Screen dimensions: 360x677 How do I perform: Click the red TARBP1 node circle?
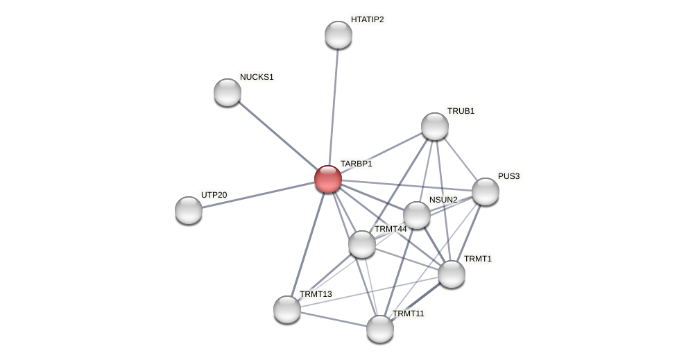(328, 179)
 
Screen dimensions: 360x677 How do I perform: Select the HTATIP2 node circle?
(338, 35)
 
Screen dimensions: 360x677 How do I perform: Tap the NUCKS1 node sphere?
(228, 92)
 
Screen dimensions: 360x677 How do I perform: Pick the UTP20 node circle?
(189, 210)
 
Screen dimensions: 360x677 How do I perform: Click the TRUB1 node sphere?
(435, 126)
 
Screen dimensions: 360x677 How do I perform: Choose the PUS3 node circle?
(486, 191)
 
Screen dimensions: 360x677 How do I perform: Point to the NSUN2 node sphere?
(417, 215)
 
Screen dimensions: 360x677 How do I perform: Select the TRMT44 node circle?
(362, 244)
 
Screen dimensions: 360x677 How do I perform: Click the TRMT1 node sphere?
(452, 274)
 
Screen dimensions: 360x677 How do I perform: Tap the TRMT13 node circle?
(287, 309)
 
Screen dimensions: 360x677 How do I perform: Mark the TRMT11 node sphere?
(380, 329)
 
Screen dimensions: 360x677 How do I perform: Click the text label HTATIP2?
(367, 19)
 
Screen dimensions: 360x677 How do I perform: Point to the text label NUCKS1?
(257, 77)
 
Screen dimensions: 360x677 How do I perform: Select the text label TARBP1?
(356, 164)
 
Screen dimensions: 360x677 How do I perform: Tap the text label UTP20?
(214, 195)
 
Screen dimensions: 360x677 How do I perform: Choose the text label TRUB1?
(461, 111)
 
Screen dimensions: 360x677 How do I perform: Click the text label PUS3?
(508, 176)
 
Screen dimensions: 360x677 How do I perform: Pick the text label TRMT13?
(316, 294)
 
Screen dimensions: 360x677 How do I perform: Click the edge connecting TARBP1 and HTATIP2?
(334, 104)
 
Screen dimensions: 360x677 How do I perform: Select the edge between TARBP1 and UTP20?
(257, 195)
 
